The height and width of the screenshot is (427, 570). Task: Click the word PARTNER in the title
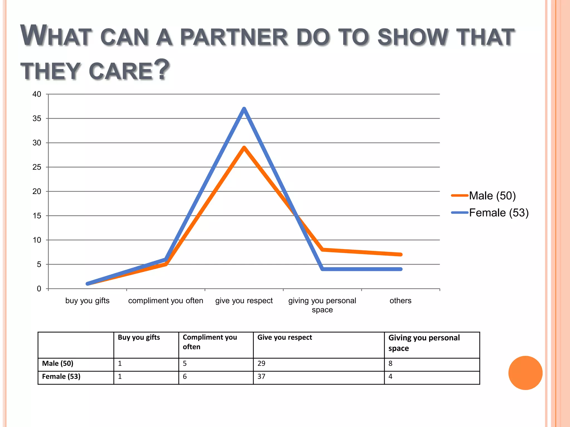coord(234,37)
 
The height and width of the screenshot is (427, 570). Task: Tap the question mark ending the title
coord(162,69)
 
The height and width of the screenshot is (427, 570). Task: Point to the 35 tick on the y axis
coord(37,119)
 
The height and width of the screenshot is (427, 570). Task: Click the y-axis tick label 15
coord(37,216)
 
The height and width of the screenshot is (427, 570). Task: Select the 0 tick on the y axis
coord(39,289)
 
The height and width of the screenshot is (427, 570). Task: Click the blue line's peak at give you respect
coord(244,109)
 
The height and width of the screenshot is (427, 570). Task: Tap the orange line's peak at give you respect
coord(244,148)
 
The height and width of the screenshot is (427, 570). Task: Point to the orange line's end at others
coord(401,254)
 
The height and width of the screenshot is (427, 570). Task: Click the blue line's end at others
coord(401,269)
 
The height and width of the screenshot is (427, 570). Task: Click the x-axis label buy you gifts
coord(87,301)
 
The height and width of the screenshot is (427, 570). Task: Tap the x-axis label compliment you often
coord(166,301)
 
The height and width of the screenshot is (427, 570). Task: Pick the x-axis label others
coord(400,301)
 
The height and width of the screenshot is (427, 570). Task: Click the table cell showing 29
coord(261,364)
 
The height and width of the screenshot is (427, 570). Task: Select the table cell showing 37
coord(261,377)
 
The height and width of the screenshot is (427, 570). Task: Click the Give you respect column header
coord(284,337)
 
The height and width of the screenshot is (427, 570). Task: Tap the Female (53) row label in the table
coord(61,377)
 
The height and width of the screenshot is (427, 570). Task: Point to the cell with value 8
coord(390,364)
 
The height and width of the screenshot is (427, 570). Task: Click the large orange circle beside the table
coord(525,373)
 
